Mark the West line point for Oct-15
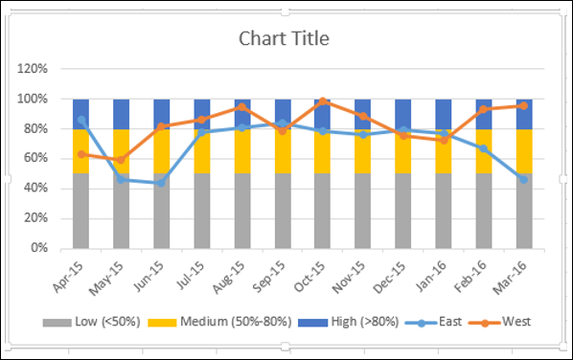[324, 101]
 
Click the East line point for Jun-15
[162, 183]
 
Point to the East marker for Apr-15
[81, 120]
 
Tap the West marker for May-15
[122, 160]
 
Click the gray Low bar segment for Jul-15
[202, 211]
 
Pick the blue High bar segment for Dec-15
[404, 113]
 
